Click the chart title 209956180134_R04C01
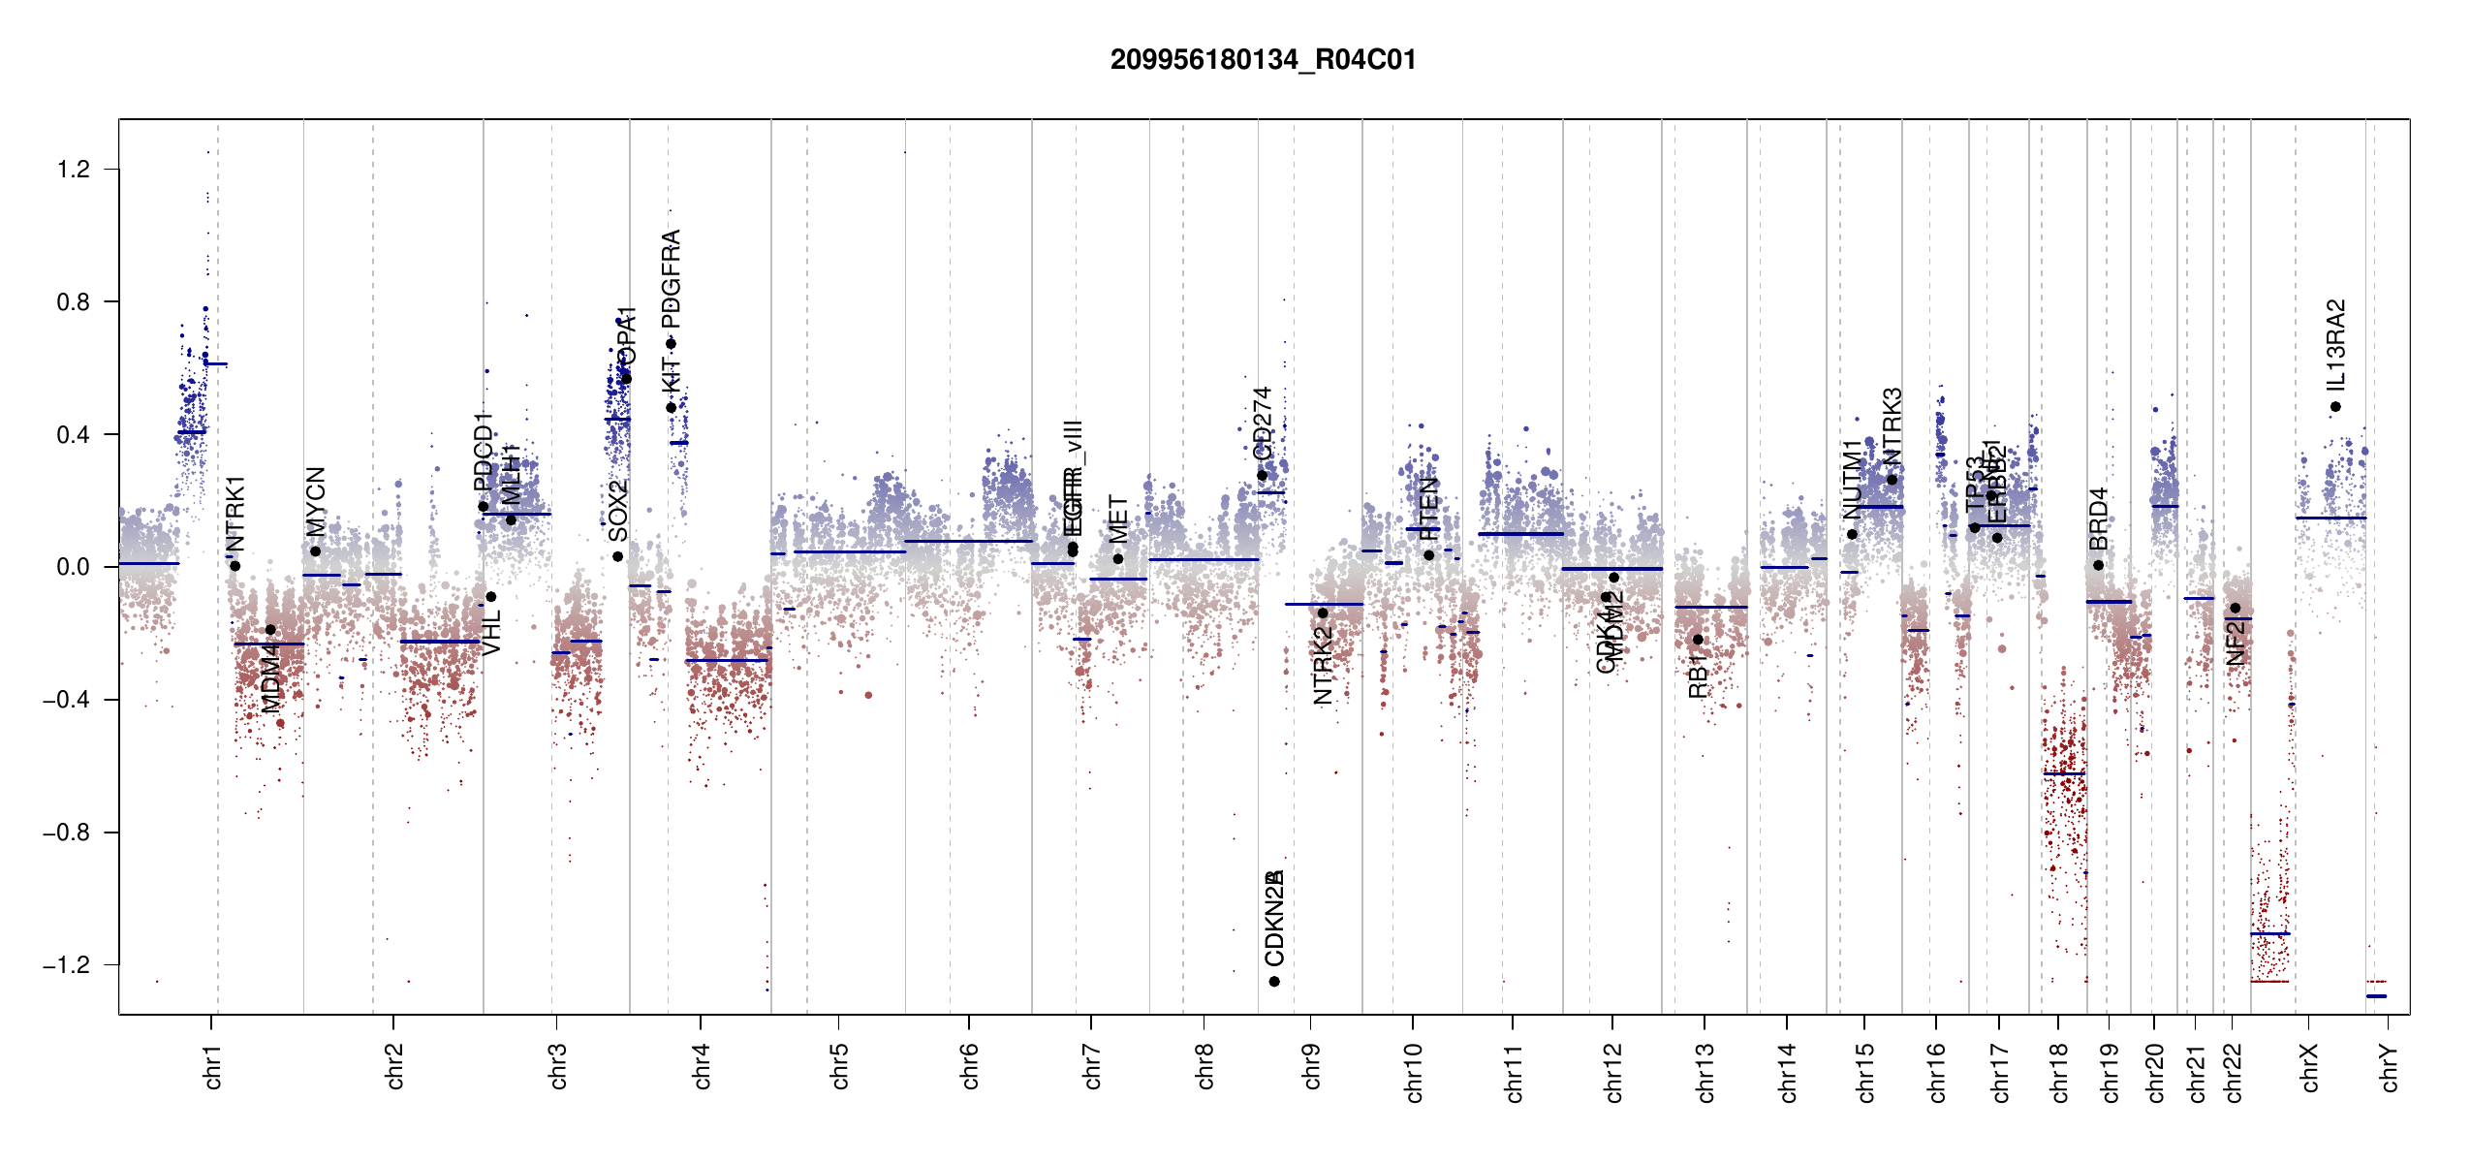[x=1263, y=60]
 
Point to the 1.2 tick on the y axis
[x=74, y=170]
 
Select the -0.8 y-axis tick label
[x=66, y=833]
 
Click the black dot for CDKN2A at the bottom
[x=1274, y=982]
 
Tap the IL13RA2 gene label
[x=2335, y=343]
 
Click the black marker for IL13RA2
[x=2335, y=407]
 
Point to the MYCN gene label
[x=316, y=501]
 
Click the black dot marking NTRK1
[x=235, y=566]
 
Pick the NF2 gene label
[x=2236, y=643]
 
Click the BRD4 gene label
[x=2098, y=519]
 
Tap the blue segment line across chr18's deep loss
[x=2064, y=773]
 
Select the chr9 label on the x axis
[x=1311, y=1067]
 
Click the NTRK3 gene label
[x=1892, y=425]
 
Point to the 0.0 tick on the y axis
[x=74, y=567]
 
